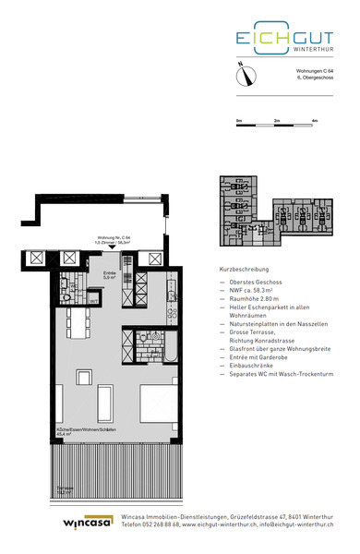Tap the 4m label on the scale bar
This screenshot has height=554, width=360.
click(314, 121)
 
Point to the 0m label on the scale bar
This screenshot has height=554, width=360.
click(239, 121)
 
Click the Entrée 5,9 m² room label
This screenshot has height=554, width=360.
click(109, 275)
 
